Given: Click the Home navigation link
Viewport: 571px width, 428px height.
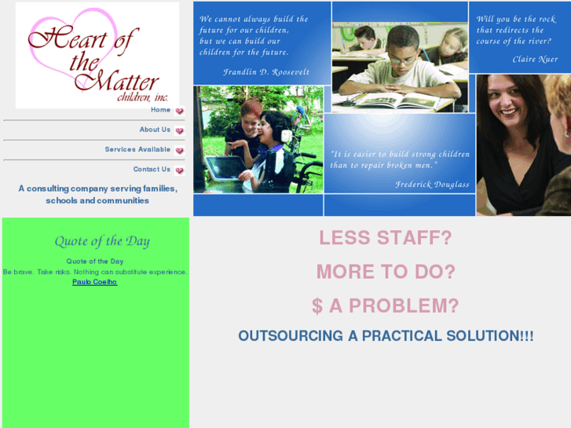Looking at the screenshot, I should tap(160, 110).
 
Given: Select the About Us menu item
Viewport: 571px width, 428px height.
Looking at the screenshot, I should tap(155, 130).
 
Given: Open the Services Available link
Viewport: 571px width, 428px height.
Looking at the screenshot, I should tap(137, 149).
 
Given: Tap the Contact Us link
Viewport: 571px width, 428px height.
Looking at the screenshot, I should tap(152, 169).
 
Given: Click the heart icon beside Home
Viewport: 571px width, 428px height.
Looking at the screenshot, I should tap(180, 112).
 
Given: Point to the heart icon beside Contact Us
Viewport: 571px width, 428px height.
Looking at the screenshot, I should tap(180, 170).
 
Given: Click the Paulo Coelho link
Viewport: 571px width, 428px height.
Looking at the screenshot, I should tap(94, 282).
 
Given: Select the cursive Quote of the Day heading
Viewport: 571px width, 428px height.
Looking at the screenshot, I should tap(102, 241).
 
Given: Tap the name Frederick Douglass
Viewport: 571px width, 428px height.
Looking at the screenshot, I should tap(431, 185).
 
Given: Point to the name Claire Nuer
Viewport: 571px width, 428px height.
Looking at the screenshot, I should tap(536, 59).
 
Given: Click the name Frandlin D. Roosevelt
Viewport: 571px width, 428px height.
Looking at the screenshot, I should tap(266, 71).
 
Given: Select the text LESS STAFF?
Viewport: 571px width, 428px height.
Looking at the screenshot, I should tap(385, 238).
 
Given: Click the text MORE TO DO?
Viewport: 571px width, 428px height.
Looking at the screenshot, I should tap(385, 272).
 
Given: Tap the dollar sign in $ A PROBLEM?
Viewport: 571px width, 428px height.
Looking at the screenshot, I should tap(317, 305).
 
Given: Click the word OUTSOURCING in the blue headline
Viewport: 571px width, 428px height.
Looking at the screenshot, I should tap(291, 336).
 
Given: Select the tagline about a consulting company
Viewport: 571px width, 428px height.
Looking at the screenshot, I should tap(97, 194).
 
